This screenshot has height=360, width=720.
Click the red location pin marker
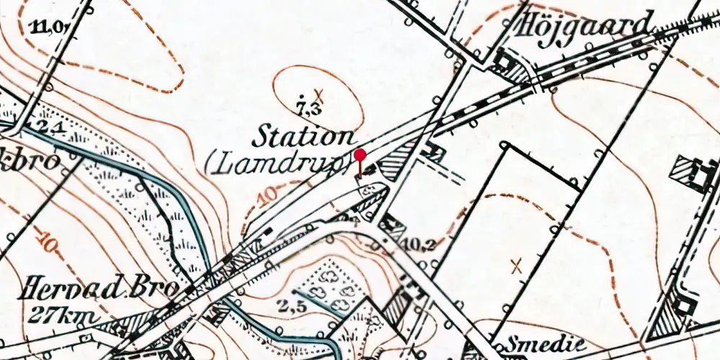(360, 155)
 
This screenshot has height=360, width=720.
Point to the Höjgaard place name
(585, 24)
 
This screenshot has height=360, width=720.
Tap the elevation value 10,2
(421, 243)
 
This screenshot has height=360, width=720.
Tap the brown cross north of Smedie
(516, 266)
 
